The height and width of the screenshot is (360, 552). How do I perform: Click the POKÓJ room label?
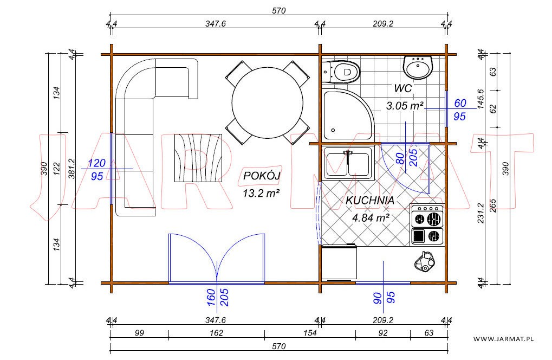click(x=262, y=175)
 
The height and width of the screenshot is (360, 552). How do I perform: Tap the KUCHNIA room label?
click(x=369, y=201)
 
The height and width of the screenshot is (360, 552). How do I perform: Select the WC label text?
click(x=402, y=88)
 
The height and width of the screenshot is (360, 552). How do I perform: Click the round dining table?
click(x=267, y=102)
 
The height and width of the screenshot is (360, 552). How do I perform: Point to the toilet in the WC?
click(x=341, y=72)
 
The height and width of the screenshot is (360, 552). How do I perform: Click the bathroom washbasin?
click(x=418, y=67)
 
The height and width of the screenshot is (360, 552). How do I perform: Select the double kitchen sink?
click(x=348, y=164)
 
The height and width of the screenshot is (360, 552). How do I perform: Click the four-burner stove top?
click(x=427, y=224)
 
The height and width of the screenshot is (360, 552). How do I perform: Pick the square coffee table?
click(x=198, y=158)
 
